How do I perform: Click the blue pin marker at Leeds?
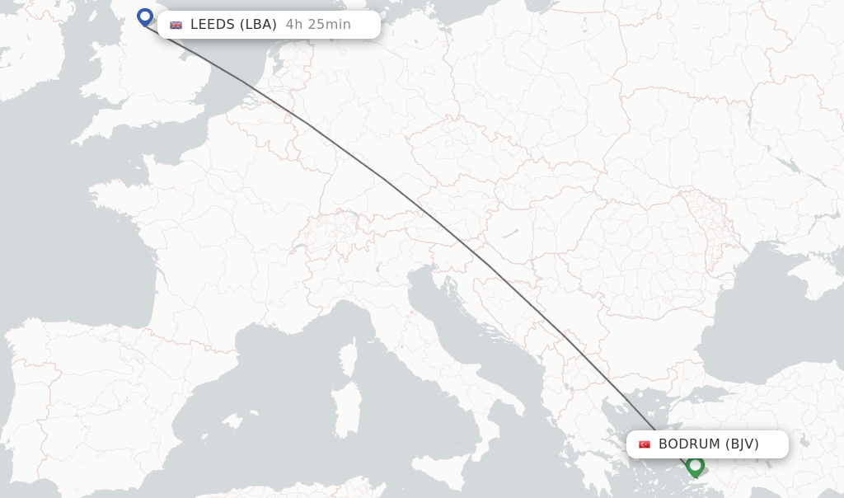click(x=145, y=16)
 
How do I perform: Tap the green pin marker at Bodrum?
click(x=695, y=466)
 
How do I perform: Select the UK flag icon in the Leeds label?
click(x=176, y=25)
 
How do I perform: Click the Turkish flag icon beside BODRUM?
click(x=645, y=444)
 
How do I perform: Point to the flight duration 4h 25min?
click(x=318, y=25)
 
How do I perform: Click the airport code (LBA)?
click(x=258, y=25)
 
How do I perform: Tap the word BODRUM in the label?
click(x=689, y=444)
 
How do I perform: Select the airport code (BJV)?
click(x=742, y=444)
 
